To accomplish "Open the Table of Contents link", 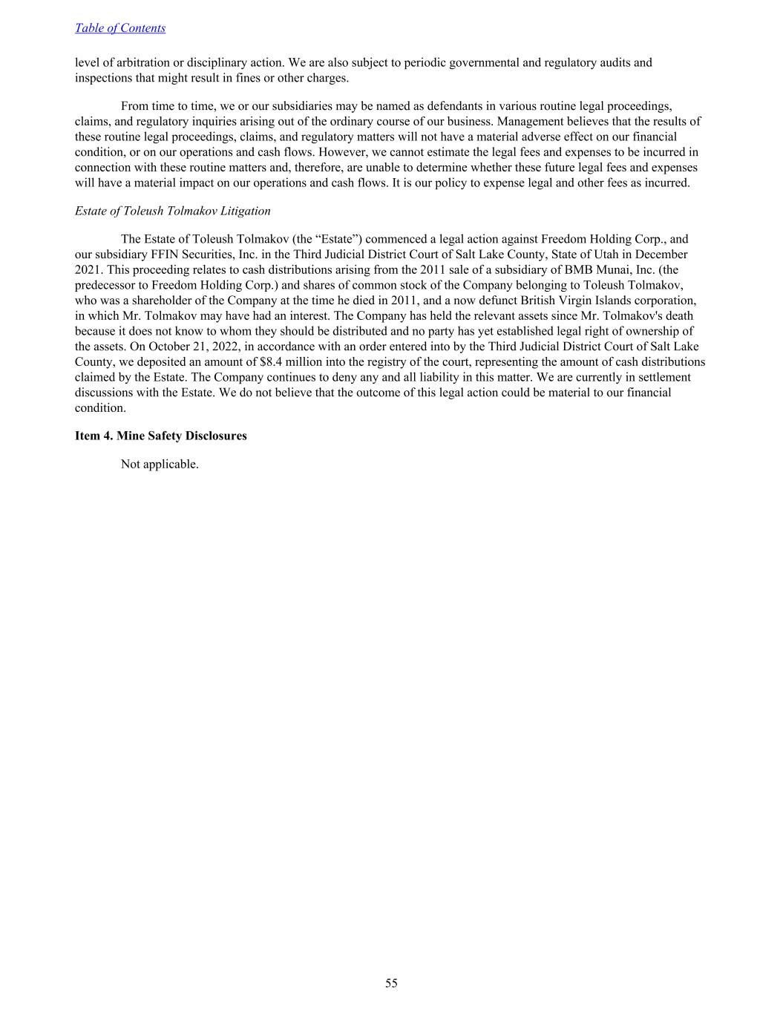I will pos(119,28).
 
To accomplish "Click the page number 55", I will pos(391,983).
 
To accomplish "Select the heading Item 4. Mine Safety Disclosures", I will pos(160,436).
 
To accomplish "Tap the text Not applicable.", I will pos(160,465).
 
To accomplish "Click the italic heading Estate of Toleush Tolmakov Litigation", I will pos(172,211).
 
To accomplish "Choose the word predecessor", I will pos(105,286).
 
